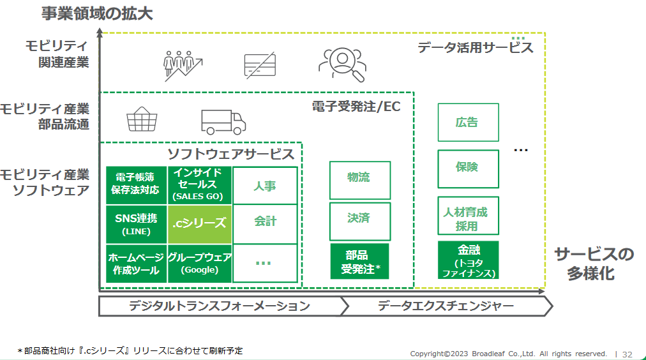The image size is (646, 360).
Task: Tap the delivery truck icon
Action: click(x=223, y=122)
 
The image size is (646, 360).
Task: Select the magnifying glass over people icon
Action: click(x=342, y=65)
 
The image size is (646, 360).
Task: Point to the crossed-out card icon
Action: click(x=260, y=65)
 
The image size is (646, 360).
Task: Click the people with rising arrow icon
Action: click(x=183, y=66)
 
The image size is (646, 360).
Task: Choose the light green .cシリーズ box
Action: click(x=200, y=223)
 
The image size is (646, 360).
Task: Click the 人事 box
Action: click(x=265, y=186)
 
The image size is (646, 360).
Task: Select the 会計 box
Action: click(x=265, y=223)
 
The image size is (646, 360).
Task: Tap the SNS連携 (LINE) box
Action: click(x=137, y=224)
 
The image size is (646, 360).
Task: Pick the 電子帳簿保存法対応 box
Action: click(x=137, y=185)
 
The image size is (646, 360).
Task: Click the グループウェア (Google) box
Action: click(x=200, y=264)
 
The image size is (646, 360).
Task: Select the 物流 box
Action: click(x=359, y=180)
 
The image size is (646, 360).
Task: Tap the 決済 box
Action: click(x=359, y=221)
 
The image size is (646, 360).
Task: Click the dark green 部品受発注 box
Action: click(x=359, y=261)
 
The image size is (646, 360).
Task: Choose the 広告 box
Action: click(x=468, y=123)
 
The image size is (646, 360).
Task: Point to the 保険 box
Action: click(x=468, y=169)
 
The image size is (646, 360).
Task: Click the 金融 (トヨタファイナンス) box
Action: click(x=468, y=260)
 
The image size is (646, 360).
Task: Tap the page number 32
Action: click(x=627, y=354)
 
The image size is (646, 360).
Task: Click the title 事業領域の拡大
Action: click(x=97, y=13)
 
